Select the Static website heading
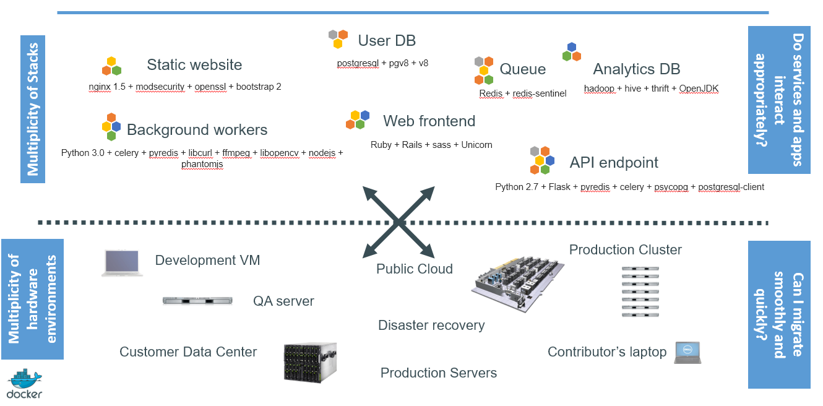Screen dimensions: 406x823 coord(194,64)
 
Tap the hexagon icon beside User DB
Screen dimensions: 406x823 coord(338,39)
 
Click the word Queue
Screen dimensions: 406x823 coord(523,69)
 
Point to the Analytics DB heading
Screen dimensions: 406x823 coord(637,69)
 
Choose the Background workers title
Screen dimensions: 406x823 coord(197,129)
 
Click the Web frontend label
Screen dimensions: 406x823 coord(429,121)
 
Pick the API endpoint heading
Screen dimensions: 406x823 coord(614,163)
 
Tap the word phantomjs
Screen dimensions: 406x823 coord(202,165)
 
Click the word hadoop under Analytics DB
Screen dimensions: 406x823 coord(599,89)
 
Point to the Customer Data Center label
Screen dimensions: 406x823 coord(188,352)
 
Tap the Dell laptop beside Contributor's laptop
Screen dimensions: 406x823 coord(687,352)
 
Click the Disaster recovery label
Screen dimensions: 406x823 coord(431,325)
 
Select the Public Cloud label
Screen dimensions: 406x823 coord(415,269)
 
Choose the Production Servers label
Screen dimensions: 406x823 coord(439,373)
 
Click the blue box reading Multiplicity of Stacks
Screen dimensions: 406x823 coord(33,109)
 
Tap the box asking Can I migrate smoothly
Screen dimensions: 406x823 coord(779,314)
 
